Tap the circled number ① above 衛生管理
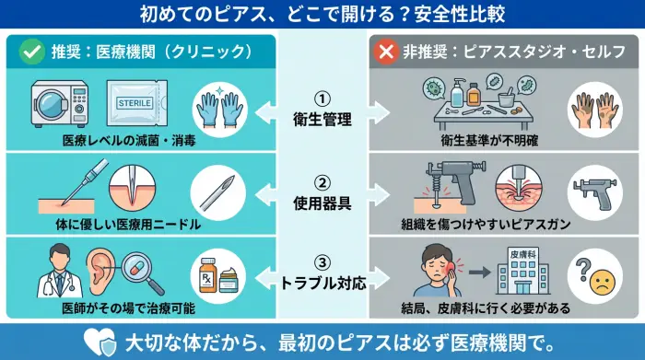tap(322, 97)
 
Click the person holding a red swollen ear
tap(438, 270)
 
